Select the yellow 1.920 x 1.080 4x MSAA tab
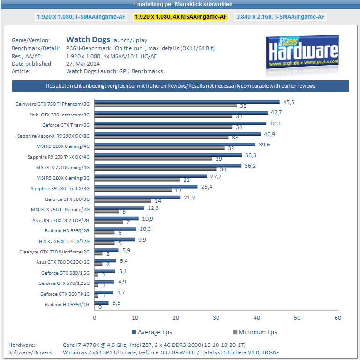(x=180, y=17)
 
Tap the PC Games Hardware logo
(x=302, y=52)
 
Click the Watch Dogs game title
(x=88, y=40)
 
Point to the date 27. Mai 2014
(x=84, y=64)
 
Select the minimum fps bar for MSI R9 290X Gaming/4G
(x=159, y=148)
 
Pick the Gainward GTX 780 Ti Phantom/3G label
(x=52, y=104)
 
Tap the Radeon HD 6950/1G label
(x=67, y=304)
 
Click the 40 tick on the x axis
(x=257, y=318)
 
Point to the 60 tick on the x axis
(x=337, y=318)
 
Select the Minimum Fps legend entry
(x=255, y=332)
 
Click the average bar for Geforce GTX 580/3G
(x=137, y=197)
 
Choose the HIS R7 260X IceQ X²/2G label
(x=64, y=241)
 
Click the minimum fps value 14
(x=158, y=200)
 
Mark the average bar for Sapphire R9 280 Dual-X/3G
(x=146, y=186)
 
